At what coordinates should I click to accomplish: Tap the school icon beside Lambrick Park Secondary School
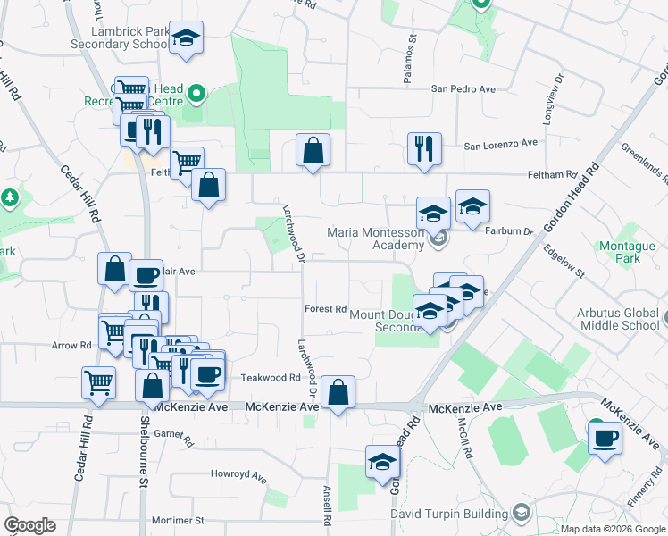point(187,38)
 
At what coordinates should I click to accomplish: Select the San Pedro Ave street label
point(463,89)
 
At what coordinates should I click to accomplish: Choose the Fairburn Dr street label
point(508,230)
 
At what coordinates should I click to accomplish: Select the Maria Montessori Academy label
point(375,239)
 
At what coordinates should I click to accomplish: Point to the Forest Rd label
point(325,309)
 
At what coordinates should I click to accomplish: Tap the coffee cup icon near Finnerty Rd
point(605,438)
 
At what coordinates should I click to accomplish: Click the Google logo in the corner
point(30,525)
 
